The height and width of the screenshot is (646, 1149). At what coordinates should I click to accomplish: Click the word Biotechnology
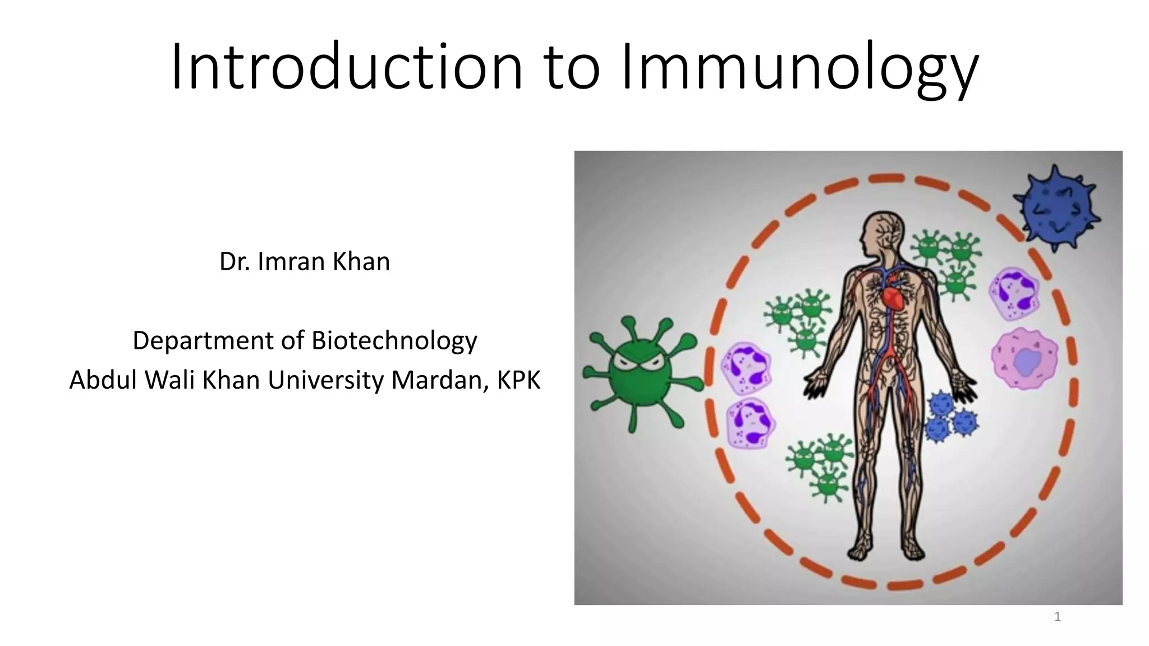[394, 340]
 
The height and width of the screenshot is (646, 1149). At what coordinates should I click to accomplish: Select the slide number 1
[1058, 617]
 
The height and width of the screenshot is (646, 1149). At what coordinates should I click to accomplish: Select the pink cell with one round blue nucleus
[1024, 359]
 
